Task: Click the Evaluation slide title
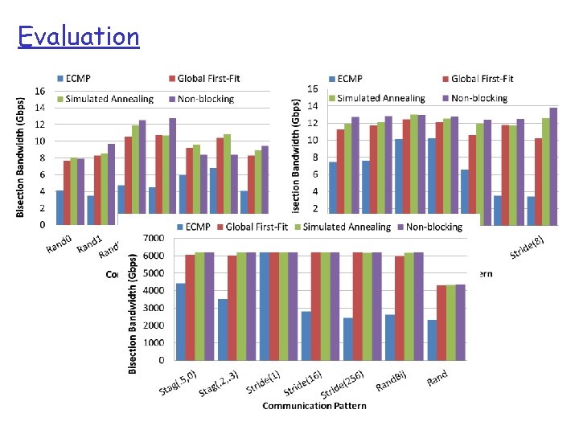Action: click(79, 36)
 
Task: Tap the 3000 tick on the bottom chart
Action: click(154, 307)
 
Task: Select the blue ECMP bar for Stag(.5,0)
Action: click(181, 321)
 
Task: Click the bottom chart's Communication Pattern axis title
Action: click(314, 406)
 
